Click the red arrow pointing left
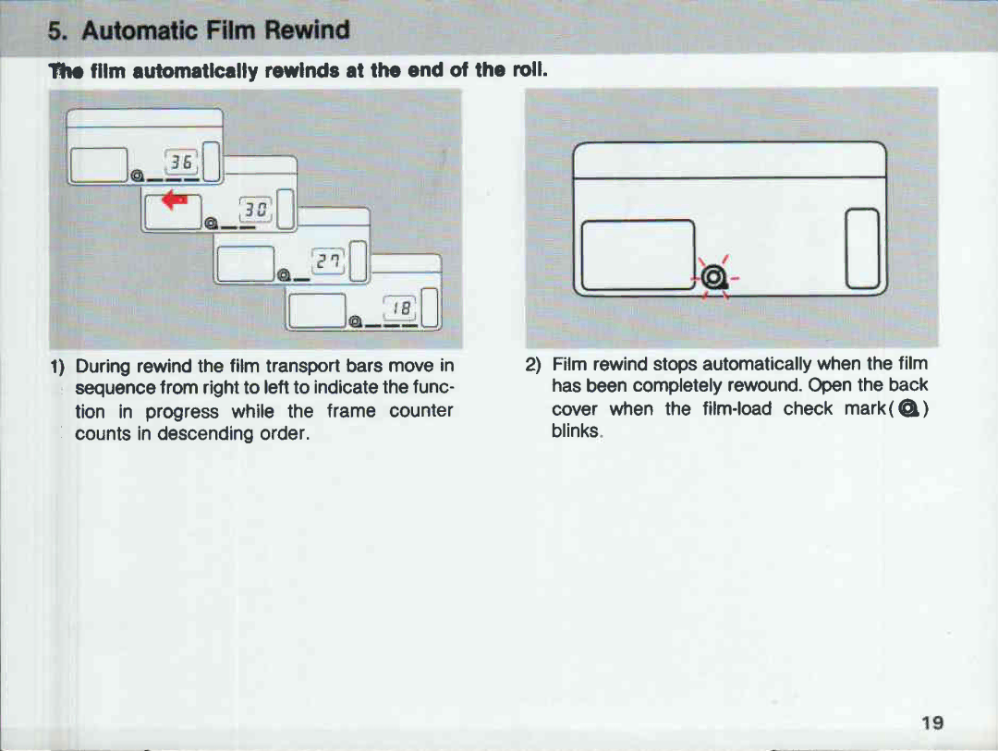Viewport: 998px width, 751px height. [174, 200]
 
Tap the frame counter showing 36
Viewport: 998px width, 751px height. [182, 163]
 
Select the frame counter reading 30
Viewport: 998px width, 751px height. [256, 210]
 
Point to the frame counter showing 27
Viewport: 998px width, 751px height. [328, 261]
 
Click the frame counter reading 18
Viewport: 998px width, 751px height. [400, 309]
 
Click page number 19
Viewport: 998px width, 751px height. [932, 723]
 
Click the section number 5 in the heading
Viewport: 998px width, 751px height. [56, 30]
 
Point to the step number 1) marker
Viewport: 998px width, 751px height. [57, 367]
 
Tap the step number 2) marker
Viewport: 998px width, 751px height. [533, 365]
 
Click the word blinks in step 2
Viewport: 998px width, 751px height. [576, 430]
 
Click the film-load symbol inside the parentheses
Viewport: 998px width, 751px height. [909, 408]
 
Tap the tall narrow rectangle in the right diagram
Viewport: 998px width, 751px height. [863, 248]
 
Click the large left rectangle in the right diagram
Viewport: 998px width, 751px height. [639, 255]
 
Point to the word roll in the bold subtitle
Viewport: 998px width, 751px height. [529, 70]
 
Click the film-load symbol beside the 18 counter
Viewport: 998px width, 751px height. [355, 322]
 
